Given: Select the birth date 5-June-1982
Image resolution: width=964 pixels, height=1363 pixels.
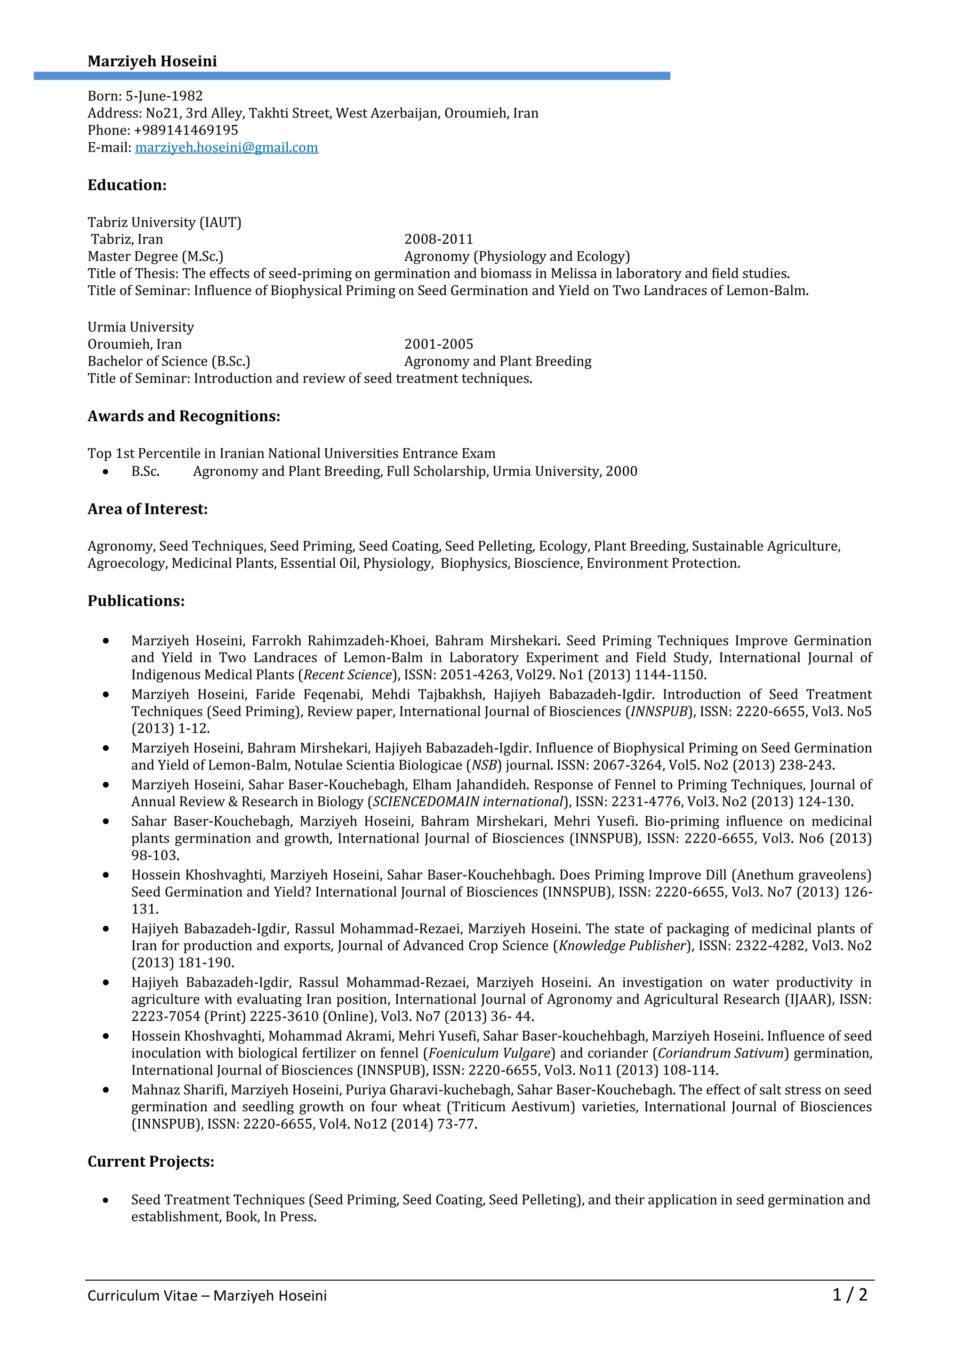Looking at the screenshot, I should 164,96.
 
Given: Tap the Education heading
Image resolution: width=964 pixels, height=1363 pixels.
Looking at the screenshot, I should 127,185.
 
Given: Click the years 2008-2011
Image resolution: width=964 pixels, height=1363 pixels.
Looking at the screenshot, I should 439,239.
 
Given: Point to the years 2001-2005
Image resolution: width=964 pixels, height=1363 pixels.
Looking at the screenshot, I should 439,345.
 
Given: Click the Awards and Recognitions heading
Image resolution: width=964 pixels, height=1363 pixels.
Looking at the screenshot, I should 184,416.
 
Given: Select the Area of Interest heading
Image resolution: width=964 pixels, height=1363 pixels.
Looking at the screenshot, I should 147,509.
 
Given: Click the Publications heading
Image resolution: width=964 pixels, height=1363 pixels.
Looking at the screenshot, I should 136,601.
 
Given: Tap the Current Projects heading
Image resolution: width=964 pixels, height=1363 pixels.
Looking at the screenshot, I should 151,1162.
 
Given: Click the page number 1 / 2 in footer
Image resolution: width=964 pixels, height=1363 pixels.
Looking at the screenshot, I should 850,1295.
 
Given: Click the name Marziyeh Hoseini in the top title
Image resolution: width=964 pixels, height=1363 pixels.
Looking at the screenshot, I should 152,62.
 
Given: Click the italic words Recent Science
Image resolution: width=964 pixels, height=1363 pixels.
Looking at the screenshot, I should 348,675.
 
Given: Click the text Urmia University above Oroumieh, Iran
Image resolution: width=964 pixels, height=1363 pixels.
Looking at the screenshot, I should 141,327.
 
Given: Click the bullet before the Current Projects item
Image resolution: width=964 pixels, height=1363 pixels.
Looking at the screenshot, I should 105,1200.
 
